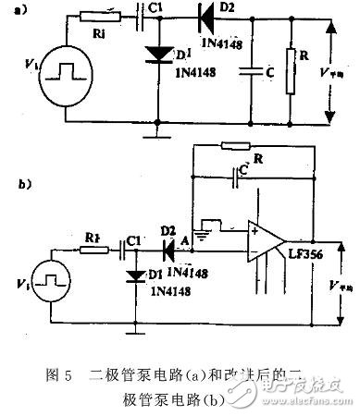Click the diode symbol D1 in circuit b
point(135,274)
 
